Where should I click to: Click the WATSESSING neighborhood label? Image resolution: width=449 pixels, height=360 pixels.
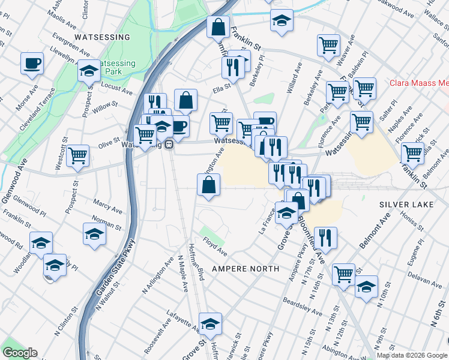[102, 37]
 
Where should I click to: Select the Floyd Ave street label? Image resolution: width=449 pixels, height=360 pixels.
[215, 246]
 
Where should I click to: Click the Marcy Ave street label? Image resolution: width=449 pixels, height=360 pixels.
[91, 205]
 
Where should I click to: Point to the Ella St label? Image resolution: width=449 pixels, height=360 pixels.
[222, 91]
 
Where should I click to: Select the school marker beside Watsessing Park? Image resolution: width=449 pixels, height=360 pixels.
[89, 71]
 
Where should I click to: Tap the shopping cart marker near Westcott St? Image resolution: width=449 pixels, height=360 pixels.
[78, 155]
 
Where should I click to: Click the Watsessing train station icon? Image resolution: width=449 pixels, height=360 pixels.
[170, 145]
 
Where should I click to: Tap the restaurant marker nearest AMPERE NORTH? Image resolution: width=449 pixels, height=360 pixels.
[325, 237]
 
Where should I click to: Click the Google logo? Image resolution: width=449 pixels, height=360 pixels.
[20, 353]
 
